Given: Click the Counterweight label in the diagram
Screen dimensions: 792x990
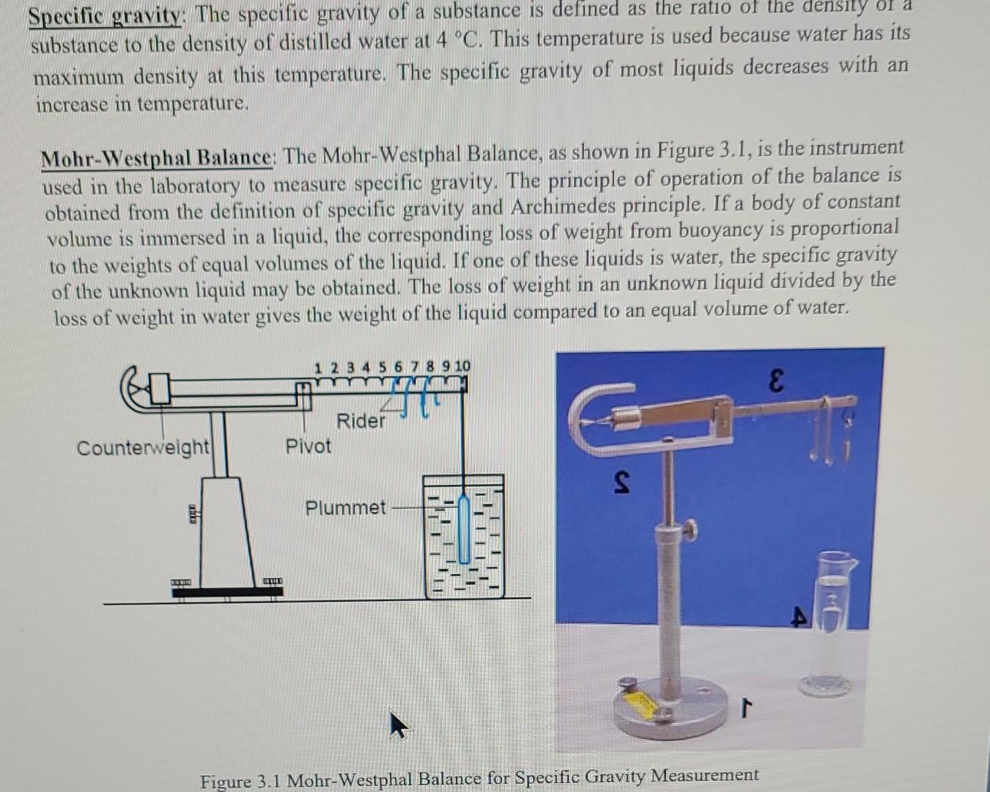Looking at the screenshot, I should click(x=143, y=447).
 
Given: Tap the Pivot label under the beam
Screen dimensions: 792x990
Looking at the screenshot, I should click(x=308, y=446).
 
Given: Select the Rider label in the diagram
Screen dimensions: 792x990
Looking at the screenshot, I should click(x=361, y=421).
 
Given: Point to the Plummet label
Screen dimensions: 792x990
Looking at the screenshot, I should click(x=345, y=507).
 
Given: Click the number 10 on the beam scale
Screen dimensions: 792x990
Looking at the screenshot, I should click(x=462, y=366).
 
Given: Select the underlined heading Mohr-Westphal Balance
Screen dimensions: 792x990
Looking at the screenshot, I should click(x=156, y=158).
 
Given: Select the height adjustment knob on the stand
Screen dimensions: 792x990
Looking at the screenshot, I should click(x=690, y=529).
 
